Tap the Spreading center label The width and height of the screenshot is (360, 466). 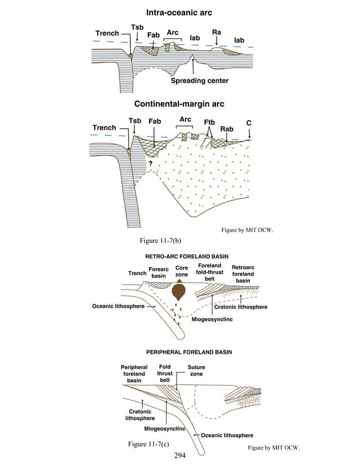pos(200,81)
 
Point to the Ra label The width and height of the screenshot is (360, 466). pos(216,33)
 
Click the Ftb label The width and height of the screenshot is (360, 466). pos(209,122)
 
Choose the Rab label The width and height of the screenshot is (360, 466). pos(226,129)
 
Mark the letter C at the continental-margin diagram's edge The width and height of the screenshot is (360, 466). pos(248,123)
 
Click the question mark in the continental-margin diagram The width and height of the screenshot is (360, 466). pos(151,164)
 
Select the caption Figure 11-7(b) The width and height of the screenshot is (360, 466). pos(160,241)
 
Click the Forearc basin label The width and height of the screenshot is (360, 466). pos(159,272)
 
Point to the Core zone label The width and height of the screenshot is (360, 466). pos(181,271)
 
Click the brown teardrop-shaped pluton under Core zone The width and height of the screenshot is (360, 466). pos(181,292)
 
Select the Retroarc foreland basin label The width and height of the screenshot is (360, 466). pos(243,274)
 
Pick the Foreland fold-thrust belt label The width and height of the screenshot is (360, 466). pos(209,272)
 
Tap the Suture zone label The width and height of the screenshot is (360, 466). pos(196,371)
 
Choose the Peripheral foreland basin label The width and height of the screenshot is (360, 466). pos(134,373)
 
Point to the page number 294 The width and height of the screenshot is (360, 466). pos(180,455)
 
